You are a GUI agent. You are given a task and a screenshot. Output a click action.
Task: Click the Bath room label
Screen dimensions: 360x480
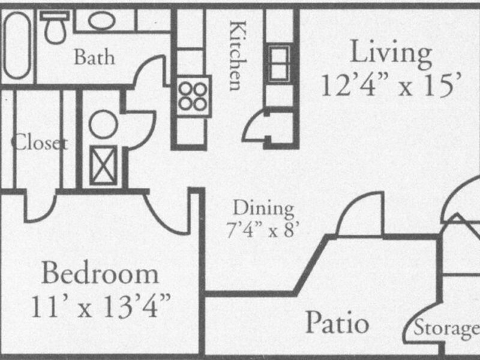click(94, 58)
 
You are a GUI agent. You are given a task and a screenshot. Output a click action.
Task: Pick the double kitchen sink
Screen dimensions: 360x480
click(279, 62)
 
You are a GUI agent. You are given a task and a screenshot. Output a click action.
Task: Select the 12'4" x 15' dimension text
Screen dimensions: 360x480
click(392, 85)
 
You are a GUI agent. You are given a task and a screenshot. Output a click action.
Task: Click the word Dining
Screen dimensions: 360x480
click(263, 209)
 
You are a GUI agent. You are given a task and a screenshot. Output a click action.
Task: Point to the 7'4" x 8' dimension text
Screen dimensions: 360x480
click(264, 230)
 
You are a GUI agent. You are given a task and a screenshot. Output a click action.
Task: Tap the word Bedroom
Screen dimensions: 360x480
click(101, 275)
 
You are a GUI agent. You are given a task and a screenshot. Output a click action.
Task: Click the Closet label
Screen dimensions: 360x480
click(38, 144)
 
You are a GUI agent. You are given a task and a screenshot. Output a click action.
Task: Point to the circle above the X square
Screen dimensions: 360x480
click(103, 124)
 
